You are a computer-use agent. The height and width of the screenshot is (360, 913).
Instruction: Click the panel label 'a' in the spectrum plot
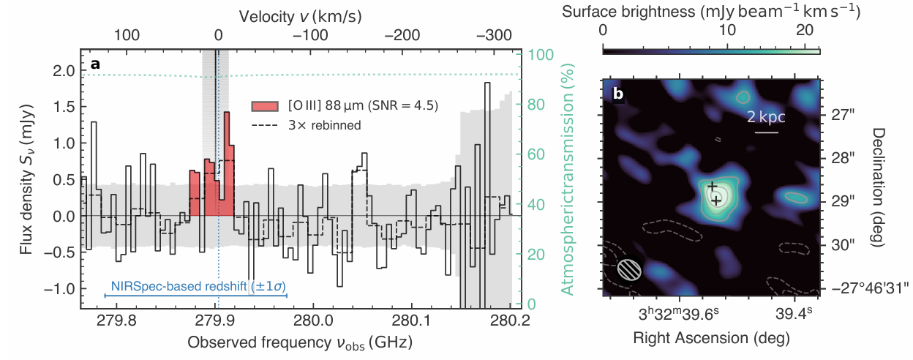pyautogui.click(x=95, y=64)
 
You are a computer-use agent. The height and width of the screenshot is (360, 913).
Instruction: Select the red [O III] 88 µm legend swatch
pyautogui.click(x=264, y=105)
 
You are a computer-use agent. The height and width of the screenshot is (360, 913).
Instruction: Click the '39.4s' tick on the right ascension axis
pyautogui.click(x=794, y=315)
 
